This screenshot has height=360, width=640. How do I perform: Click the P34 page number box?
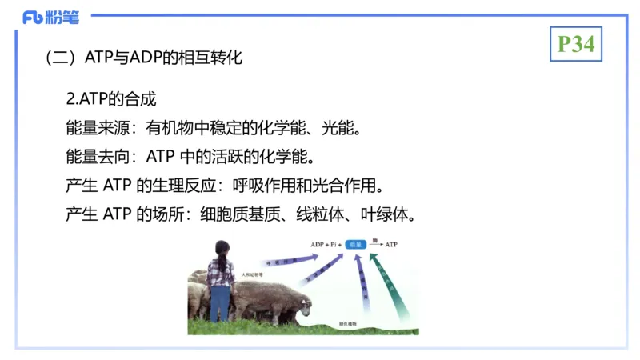tap(576, 44)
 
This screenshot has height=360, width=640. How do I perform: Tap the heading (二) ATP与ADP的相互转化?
tap(144, 58)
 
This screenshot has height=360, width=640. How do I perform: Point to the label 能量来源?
tap(95, 127)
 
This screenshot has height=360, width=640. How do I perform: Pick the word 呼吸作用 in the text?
tap(259, 186)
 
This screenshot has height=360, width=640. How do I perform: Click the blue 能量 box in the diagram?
tap(357, 244)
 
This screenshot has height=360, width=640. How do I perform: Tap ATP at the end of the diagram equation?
tap(391, 244)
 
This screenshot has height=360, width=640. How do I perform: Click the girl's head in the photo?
tap(222, 249)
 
